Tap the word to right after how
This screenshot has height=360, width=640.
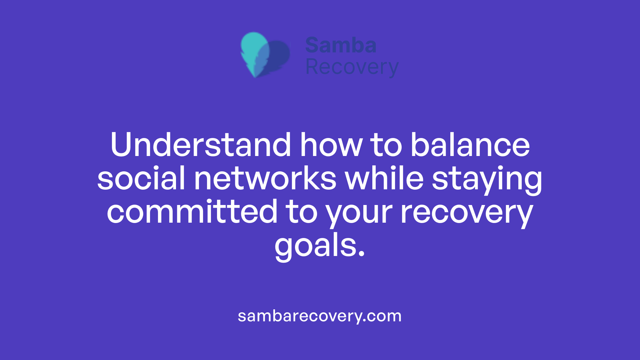click(x=386, y=145)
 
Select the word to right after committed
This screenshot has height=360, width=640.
click(x=302, y=212)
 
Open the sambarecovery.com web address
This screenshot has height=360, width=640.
click(x=320, y=316)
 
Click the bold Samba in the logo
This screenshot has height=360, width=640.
click(x=341, y=45)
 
